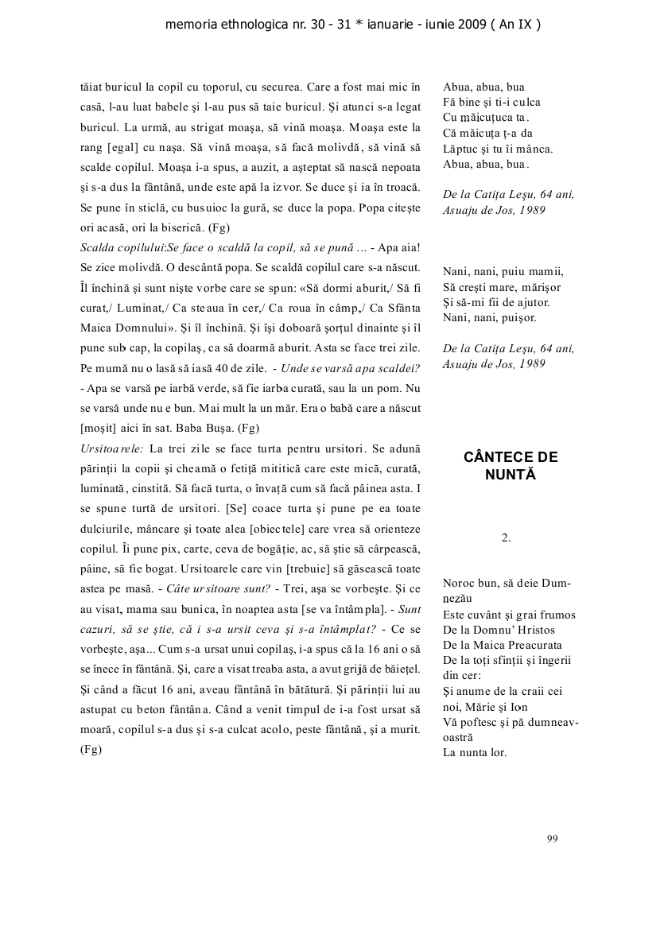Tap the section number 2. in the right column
[x=506, y=538]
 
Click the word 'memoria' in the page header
[x=190, y=25]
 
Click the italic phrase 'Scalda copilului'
[x=121, y=247]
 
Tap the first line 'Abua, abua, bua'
[x=483, y=87]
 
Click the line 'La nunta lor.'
[x=475, y=752]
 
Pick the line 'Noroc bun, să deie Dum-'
[x=507, y=583]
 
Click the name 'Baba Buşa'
[x=189, y=429]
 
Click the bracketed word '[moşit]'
[x=99, y=429]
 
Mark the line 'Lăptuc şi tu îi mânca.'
[x=498, y=149]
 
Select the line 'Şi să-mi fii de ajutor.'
[x=496, y=302]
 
